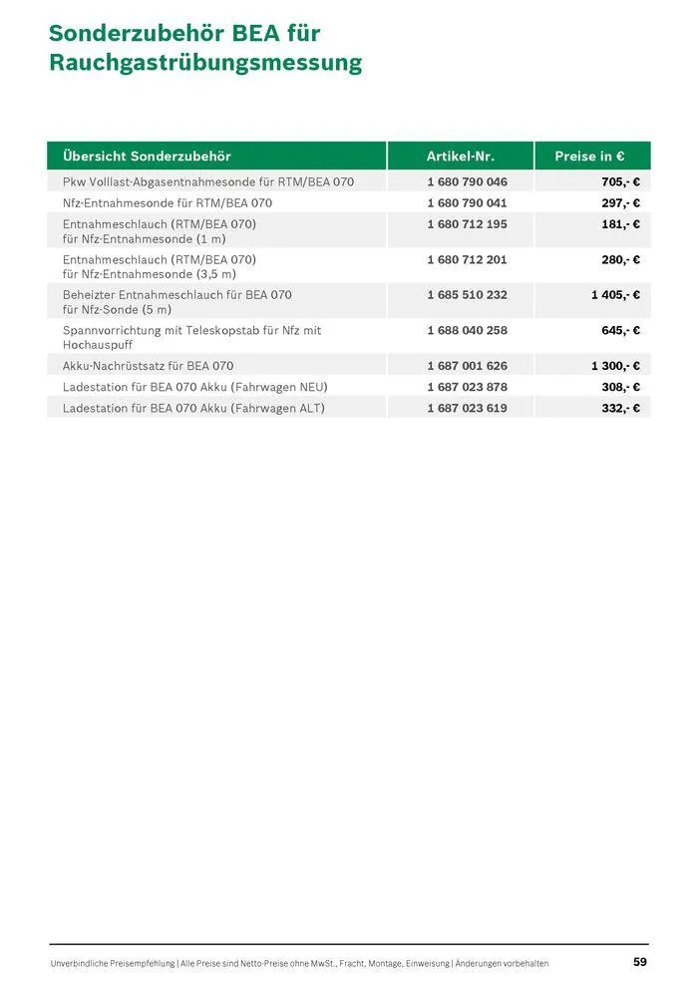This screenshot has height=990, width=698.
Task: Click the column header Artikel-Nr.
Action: [x=460, y=157]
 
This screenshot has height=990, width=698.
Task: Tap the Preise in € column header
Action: [x=589, y=157]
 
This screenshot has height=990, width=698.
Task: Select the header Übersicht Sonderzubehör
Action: [x=147, y=157]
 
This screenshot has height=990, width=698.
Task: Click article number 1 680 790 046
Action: [x=467, y=182]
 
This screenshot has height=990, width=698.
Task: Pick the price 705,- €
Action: [x=620, y=182]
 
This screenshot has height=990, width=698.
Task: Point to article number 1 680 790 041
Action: [x=467, y=203]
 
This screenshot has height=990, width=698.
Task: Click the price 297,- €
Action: [x=620, y=203]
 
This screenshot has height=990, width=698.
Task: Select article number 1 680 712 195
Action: [x=467, y=224]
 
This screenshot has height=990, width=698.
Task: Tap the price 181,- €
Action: [x=620, y=224]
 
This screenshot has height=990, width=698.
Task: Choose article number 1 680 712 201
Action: [x=467, y=260]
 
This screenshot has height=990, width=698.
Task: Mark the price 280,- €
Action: [x=620, y=260]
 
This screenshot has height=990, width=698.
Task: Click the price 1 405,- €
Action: [x=615, y=295]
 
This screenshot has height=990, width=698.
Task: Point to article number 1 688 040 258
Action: [x=467, y=330]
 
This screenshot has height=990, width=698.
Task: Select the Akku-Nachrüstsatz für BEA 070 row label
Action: [x=148, y=366]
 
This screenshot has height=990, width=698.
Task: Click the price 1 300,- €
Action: [x=615, y=366]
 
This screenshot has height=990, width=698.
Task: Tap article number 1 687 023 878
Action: [x=467, y=387]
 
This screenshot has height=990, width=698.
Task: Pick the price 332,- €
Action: [x=620, y=408]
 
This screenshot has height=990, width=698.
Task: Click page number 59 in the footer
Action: [x=640, y=962]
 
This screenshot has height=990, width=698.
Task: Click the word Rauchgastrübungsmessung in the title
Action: [x=204, y=64]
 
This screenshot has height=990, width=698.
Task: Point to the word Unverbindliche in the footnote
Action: [x=82, y=963]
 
